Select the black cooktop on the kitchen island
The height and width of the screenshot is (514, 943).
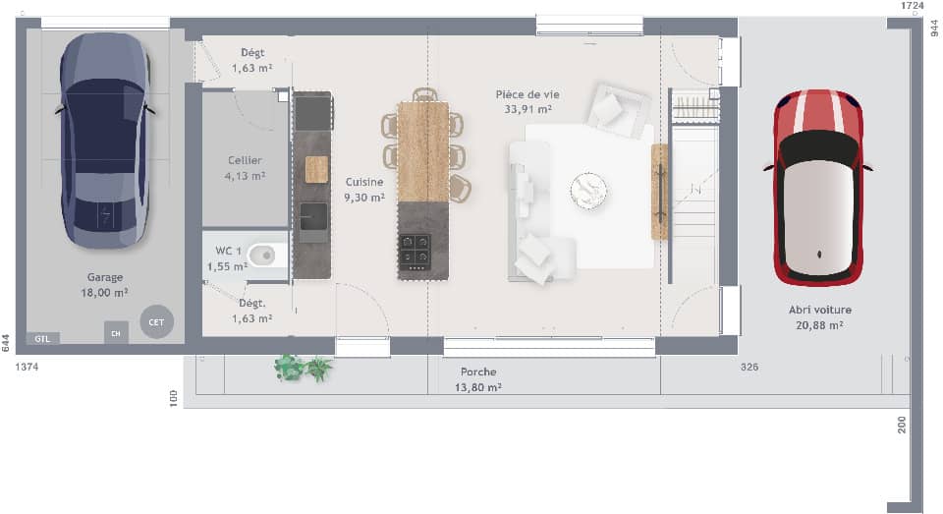[415, 252]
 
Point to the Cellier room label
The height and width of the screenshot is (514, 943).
[245, 160]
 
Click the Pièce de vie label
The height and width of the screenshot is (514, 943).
[524, 94]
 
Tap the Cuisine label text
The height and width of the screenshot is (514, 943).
[363, 182]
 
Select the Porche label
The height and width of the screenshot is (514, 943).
[478, 372]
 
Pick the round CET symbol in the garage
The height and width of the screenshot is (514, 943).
[156, 321]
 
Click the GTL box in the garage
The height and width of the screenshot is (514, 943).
[42, 338]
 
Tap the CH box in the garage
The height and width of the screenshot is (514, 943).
[116, 333]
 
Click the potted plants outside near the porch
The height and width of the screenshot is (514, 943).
[303, 369]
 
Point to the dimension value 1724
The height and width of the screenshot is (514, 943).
[913, 6]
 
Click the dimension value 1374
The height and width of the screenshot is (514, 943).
[28, 367]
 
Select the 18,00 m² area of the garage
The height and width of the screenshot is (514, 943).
[104, 293]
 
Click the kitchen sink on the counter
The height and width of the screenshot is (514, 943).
[314, 222]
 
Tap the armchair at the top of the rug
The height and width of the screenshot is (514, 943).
[616, 106]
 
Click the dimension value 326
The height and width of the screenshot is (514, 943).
[749, 367]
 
